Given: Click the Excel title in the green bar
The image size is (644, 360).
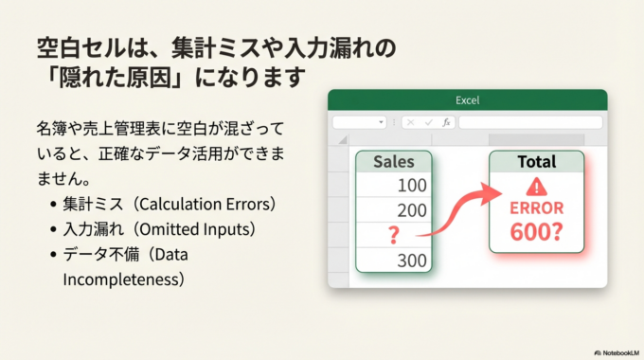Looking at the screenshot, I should (467, 99).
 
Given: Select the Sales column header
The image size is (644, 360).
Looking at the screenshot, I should (393, 162).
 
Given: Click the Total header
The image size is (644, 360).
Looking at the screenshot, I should (536, 162).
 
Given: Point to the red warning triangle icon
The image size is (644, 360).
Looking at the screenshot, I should (537, 187).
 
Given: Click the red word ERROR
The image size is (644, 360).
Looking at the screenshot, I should (536, 208).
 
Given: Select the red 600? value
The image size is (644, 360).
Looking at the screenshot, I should (536, 232).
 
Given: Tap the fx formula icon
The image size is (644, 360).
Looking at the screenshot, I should (447, 122).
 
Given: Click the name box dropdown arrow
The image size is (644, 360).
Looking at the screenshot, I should (380, 122).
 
